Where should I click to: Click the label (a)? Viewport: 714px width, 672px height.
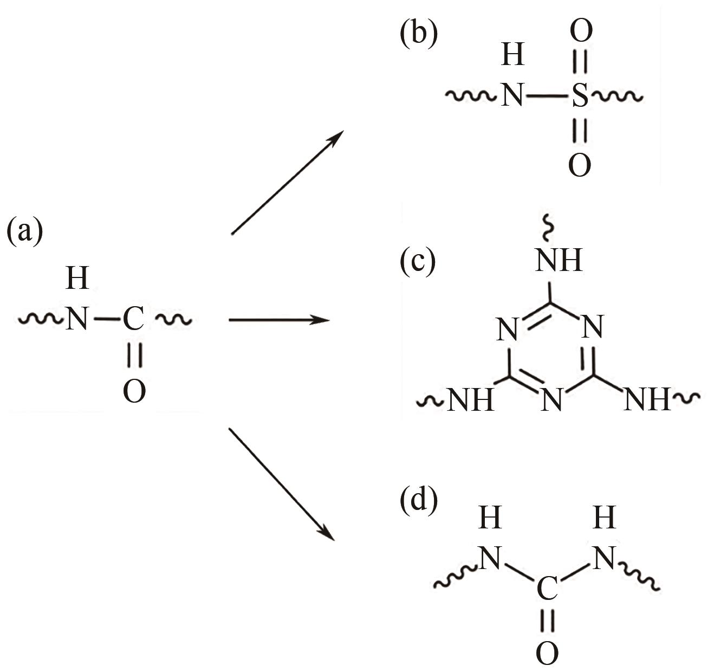[x=24, y=232]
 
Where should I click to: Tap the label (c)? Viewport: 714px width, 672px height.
[x=418, y=262]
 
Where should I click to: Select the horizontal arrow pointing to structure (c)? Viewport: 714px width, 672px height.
[x=279, y=320]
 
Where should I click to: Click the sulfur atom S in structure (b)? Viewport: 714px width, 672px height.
[x=579, y=97]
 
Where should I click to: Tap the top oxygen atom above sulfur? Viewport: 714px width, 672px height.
[x=580, y=31]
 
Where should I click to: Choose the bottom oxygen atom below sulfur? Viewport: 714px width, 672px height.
[x=579, y=165]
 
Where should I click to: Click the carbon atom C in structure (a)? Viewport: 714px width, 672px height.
[x=133, y=319]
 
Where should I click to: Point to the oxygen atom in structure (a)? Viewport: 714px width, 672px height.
[x=134, y=391]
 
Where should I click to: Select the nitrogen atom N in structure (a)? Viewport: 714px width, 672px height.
[x=77, y=319]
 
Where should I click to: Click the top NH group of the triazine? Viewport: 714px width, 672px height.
[x=559, y=261]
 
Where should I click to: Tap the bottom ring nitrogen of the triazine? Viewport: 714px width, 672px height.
[x=551, y=400]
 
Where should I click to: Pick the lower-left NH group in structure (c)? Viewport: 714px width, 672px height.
[x=470, y=400]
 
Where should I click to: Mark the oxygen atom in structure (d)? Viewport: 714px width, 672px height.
[x=547, y=654]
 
